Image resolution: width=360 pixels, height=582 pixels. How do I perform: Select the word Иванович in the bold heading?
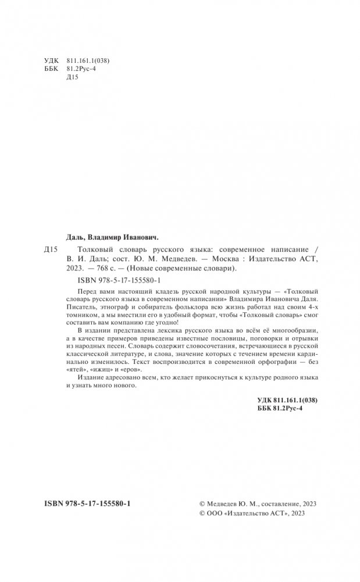coord(140,237)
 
